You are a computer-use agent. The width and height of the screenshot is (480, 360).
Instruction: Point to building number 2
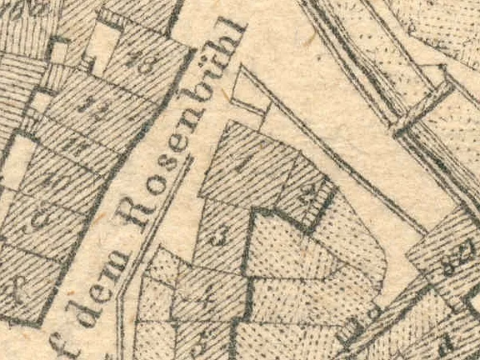[x=310, y=198]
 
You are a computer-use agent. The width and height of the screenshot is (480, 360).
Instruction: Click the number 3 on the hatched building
[x=218, y=238]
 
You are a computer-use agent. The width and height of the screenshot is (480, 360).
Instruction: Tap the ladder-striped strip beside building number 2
[x=322, y=208]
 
